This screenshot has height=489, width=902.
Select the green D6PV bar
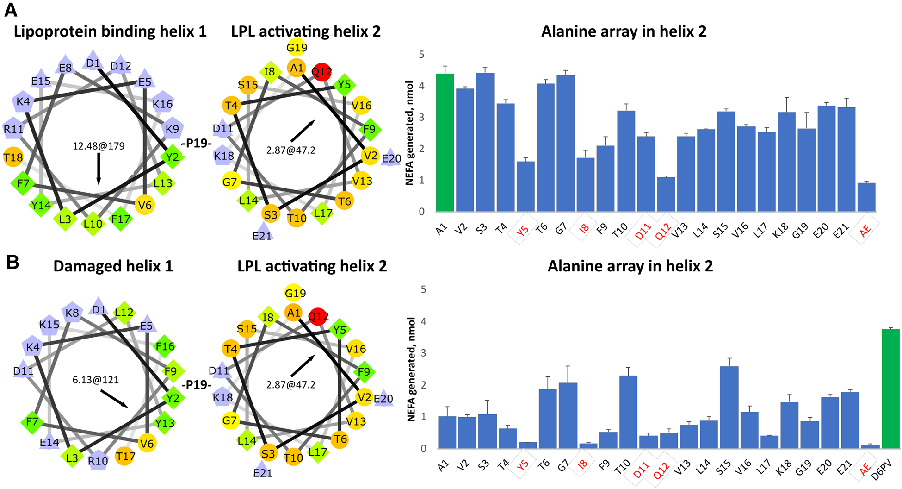[890, 389]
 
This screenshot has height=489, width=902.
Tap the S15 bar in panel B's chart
[729, 407]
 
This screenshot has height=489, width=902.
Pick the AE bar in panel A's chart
[866, 197]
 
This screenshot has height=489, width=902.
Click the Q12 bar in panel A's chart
[666, 194]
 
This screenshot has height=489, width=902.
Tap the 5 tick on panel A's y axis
[421, 55]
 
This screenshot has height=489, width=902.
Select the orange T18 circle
[13, 157]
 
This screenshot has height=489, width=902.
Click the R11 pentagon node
[13, 129]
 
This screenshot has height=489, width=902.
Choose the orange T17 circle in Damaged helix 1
[125, 457]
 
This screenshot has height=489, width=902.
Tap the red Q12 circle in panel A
[321, 71]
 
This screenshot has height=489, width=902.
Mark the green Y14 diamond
[41, 205]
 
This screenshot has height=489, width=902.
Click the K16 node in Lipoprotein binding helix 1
[163, 104]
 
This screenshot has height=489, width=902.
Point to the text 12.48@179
[99, 146]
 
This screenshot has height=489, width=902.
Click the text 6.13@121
[96, 380]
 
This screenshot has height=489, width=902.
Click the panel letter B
[12, 262]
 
